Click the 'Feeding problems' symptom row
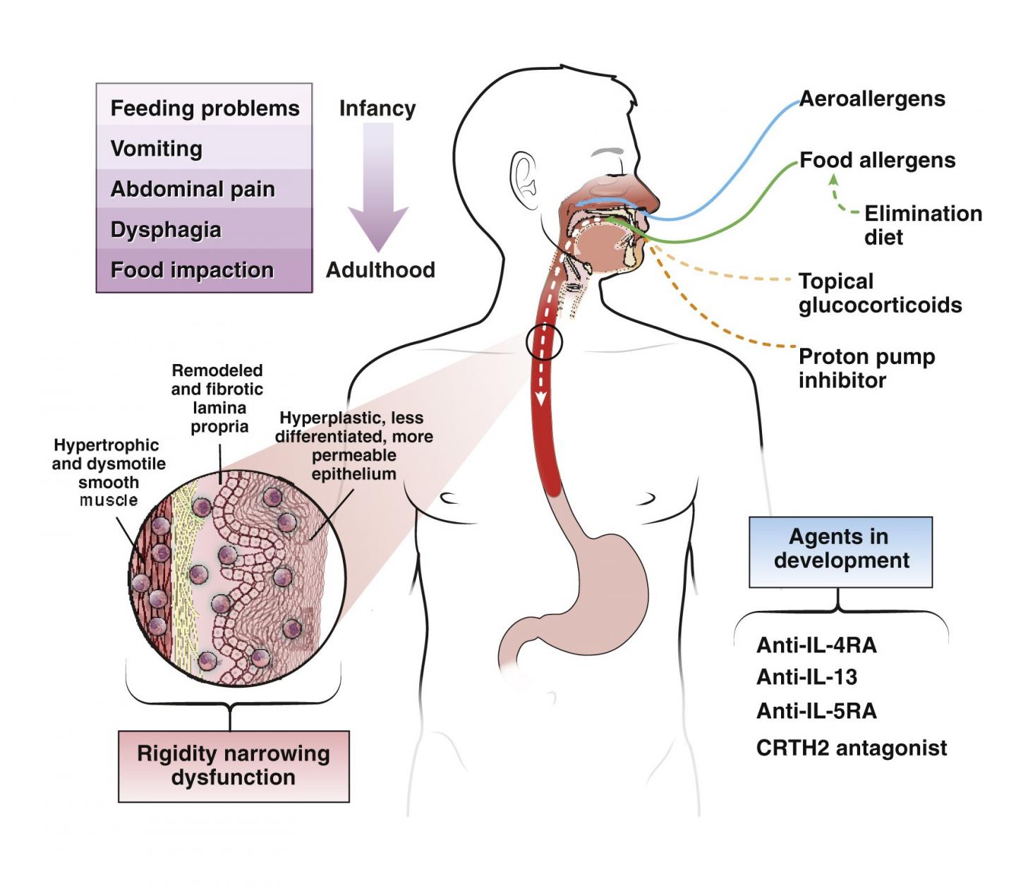(x=205, y=108)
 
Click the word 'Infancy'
(x=377, y=108)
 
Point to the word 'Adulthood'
(x=380, y=270)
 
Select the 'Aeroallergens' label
(x=872, y=99)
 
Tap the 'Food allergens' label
(x=877, y=160)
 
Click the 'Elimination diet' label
(x=922, y=224)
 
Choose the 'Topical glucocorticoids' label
(x=880, y=293)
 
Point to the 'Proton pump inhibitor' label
(x=866, y=368)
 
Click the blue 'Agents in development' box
(x=840, y=552)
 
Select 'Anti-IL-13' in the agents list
(x=806, y=677)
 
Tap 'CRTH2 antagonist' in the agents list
(x=851, y=747)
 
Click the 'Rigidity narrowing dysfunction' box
(x=234, y=765)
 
